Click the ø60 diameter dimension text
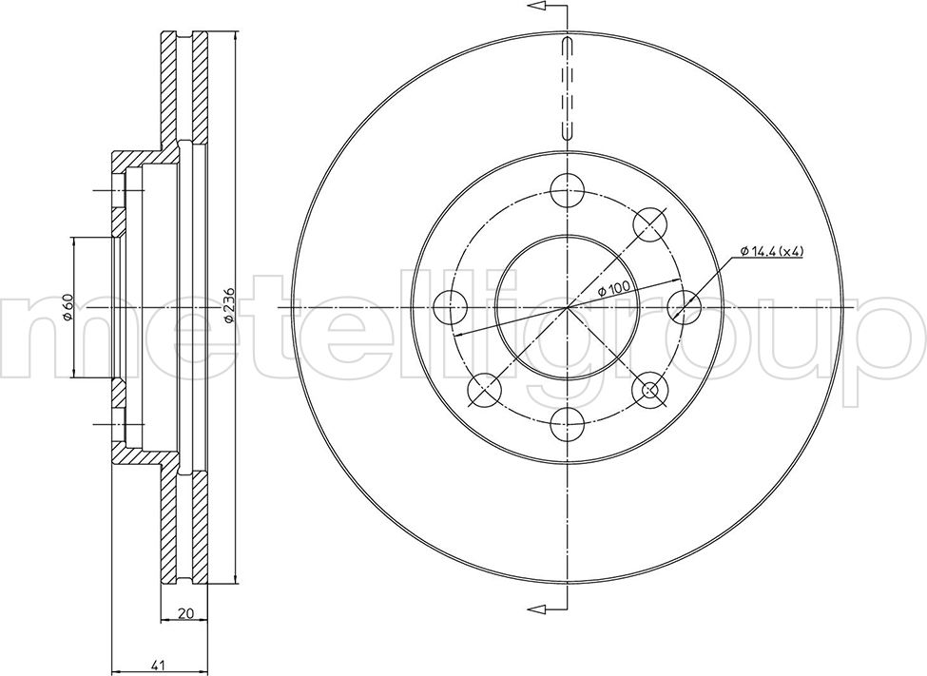tap(67, 307)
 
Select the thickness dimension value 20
tap(185, 614)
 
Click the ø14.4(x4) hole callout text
tap(771, 251)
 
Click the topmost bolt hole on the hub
tap(567, 190)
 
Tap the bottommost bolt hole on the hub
tap(567, 425)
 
